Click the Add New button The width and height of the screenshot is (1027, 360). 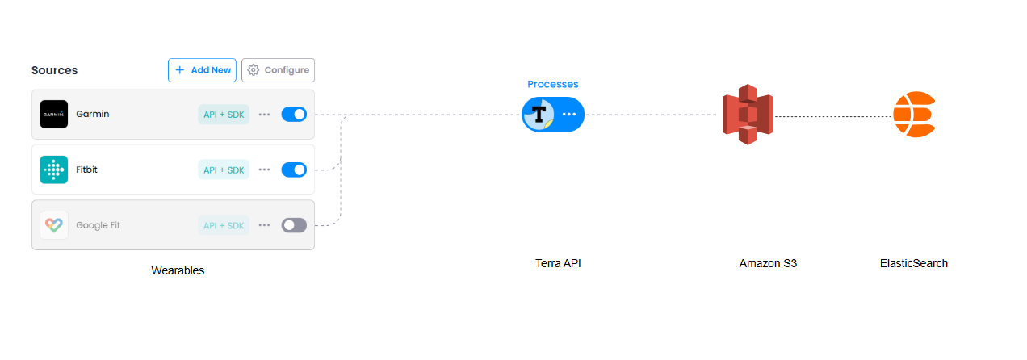(x=203, y=70)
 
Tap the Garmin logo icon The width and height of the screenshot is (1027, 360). (x=53, y=114)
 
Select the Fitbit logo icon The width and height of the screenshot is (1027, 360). (x=53, y=170)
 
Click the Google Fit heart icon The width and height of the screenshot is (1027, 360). (x=53, y=225)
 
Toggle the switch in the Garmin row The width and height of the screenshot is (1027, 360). (x=294, y=114)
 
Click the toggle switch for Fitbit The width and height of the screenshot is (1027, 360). (x=294, y=170)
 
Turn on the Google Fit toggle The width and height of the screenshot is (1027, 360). (x=294, y=225)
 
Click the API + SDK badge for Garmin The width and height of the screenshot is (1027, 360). (x=224, y=115)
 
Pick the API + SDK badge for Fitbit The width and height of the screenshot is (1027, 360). (x=224, y=170)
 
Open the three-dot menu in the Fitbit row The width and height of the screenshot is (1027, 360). (x=265, y=170)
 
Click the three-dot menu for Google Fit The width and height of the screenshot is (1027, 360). (x=265, y=225)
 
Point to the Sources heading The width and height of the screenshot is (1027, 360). (x=55, y=70)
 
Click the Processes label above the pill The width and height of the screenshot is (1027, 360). (x=553, y=84)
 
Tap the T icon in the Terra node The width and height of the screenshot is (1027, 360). (x=538, y=115)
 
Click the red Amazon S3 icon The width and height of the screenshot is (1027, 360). (x=747, y=115)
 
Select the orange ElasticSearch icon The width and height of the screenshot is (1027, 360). (x=914, y=115)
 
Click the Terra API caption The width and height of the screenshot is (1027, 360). (x=558, y=263)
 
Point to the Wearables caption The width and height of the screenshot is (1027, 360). (x=178, y=270)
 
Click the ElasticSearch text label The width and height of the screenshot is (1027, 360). (x=913, y=263)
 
